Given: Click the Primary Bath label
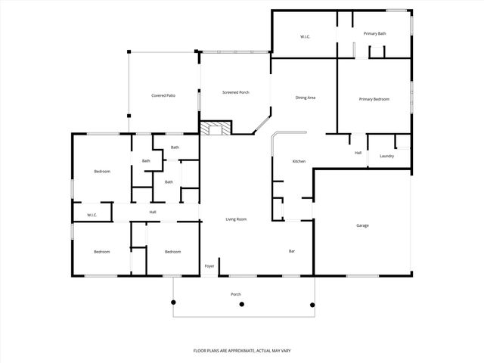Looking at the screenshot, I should click(374, 34).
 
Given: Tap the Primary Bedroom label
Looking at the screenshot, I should click(374, 99).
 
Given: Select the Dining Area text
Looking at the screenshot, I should click(306, 98).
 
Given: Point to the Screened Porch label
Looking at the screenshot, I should click(235, 92).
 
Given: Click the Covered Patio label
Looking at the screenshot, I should click(163, 95).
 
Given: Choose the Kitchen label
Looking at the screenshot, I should click(299, 162).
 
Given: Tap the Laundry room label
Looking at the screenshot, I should click(386, 156).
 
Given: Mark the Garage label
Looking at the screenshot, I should click(362, 226).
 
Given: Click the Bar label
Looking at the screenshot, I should click(291, 251).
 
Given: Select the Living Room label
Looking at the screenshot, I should click(237, 219).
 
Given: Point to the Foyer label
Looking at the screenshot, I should click(209, 266).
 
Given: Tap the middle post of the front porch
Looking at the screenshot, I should click(242, 305).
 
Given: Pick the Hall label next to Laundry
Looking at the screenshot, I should click(358, 153).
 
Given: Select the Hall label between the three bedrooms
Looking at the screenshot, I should click(153, 212).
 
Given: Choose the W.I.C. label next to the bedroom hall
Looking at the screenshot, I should click(92, 216).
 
